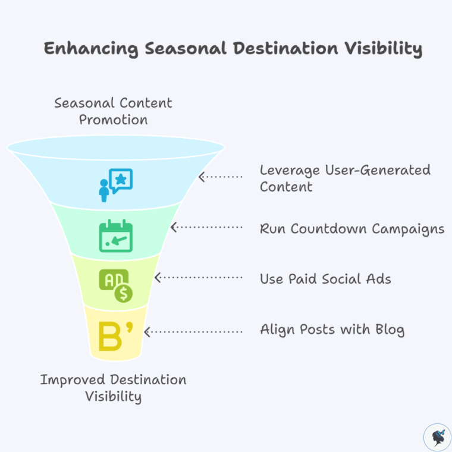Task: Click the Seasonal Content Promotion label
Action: (x=113, y=111)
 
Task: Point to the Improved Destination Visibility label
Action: (x=113, y=388)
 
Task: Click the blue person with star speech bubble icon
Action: (x=115, y=183)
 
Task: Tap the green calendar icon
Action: (x=115, y=236)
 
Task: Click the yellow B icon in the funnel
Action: (x=115, y=337)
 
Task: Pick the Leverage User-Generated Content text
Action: (x=345, y=178)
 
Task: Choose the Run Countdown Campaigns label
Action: (x=352, y=229)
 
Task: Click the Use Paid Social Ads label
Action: (x=325, y=278)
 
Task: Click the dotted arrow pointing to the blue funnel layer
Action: (x=221, y=177)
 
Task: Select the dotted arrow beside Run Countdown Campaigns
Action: (x=207, y=227)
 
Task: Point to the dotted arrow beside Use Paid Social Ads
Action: (x=199, y=278)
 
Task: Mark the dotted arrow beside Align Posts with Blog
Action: (x=193, y=331)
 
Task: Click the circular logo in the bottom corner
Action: (x=437, y=437)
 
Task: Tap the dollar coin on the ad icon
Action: (x=124, y=293)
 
